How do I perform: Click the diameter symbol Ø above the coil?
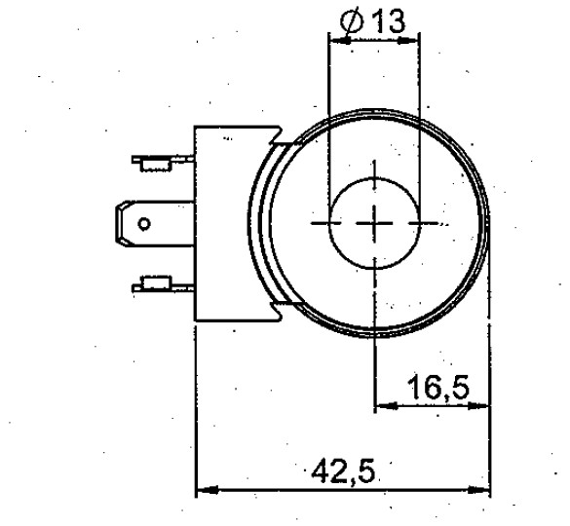pyautogui.click(x=355, y=23)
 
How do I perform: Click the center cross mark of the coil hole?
pyautogui.click(x=373, y=223)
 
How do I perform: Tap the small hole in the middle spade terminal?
pyautogui.click(x=145, y=224)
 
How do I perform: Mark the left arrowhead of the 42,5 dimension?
pyautogui.click(x=204, y=491)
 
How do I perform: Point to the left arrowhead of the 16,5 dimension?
pyautogui.click(x=383, y=402)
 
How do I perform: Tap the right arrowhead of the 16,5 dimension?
pyautogui.click(x=483, y=402)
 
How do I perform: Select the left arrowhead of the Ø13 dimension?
pyautogui.click(x=337, y=42)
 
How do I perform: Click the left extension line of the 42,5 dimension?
pyautogui.click(x=197, y=409)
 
